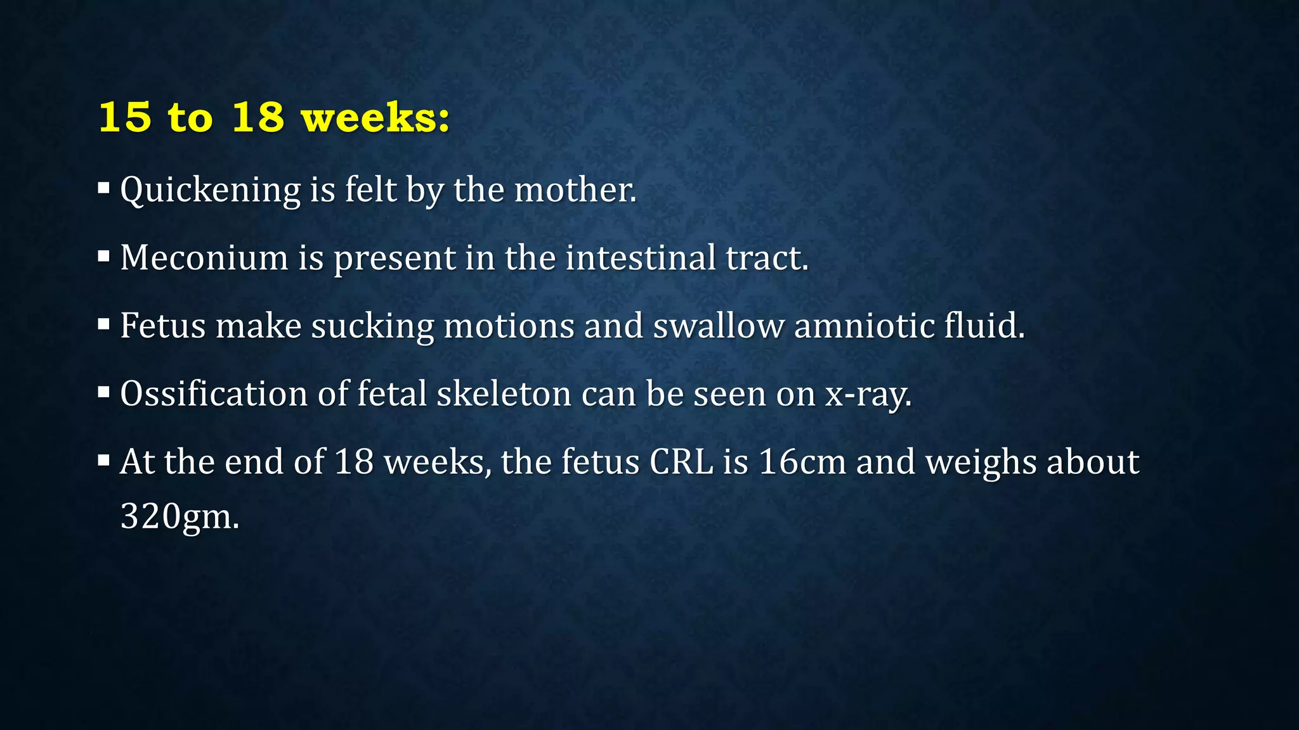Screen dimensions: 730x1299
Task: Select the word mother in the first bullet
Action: point(575,190)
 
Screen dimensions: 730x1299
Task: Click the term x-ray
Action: point(867,395)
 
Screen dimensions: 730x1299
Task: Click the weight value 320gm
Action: point(180,516)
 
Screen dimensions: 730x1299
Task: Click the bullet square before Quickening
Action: point(104,188)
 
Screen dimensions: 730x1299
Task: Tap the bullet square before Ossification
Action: point(104,392)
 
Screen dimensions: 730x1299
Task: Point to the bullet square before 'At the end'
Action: point(104,460)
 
